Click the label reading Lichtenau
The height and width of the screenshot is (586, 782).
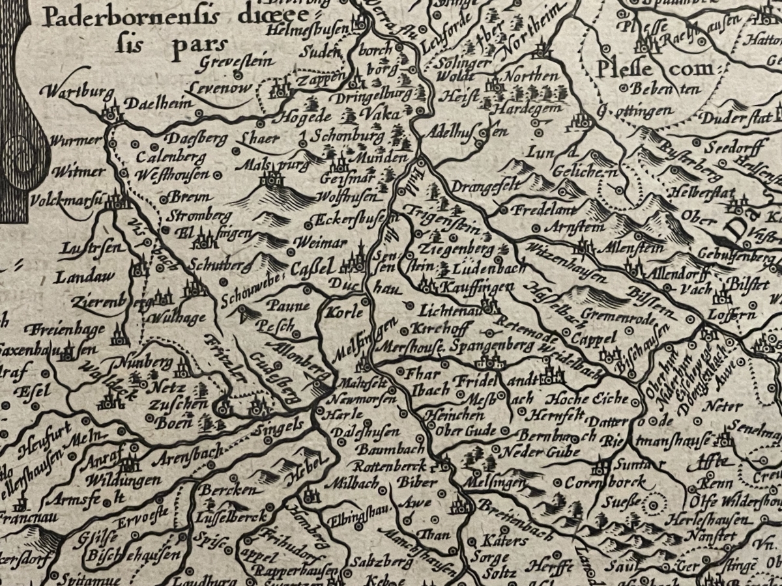click(x=450, y=311)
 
